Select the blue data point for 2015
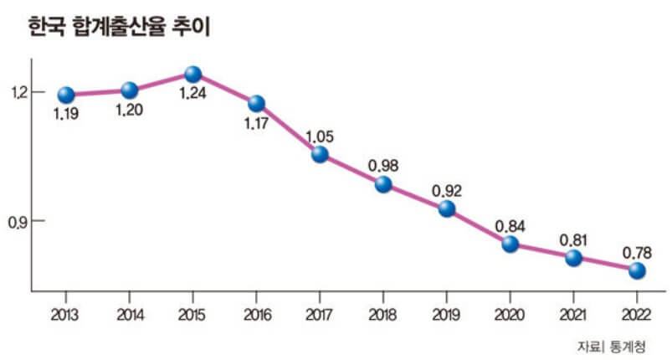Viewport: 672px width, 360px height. pyautogui.click(x=192, y=75)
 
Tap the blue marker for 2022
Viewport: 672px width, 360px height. pyautogui.click(x=637, y=270)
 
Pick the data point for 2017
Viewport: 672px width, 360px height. pyautogui.click(x=320, y=154)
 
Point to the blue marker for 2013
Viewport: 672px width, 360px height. pyautogui.click(x=66, y=95)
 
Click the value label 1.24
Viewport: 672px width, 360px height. pyautogui.click(x=192, y=94)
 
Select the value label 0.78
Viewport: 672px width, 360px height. pyautogui.click(x=637, y=251)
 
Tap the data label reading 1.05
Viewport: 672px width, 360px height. pyautogui.click(x=320, y=135)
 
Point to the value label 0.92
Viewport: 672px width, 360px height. pyautogui.click(x=447, y=190)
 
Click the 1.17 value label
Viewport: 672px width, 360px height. pyautogui.click(x=256, y=124)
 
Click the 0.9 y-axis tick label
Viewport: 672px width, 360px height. pyautogui.click(x=18, y=221)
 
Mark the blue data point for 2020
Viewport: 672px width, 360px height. pyautogui.click(x=510, y=244)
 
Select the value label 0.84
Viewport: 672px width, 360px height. pyautogui.click(x=510, y=225)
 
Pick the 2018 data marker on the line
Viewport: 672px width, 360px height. pyautogui.click(x=383, y=184)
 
